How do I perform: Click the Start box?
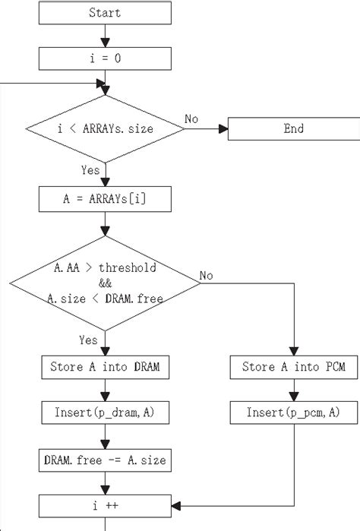coord(104,13)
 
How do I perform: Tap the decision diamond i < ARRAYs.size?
coord(104,128)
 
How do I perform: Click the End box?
coord(293,128)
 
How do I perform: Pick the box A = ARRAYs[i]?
coord(104,200)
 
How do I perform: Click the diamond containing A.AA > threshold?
coord(104,283)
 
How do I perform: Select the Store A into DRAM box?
coord(104,368)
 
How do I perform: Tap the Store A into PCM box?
coord(292,368)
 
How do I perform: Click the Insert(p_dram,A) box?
coord(104,413)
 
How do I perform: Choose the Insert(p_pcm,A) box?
coord(292,413)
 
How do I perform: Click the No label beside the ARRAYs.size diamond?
coord(192,119)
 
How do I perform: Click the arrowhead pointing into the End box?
coord(223,128)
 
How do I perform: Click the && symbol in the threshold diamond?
coord(104,283)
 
